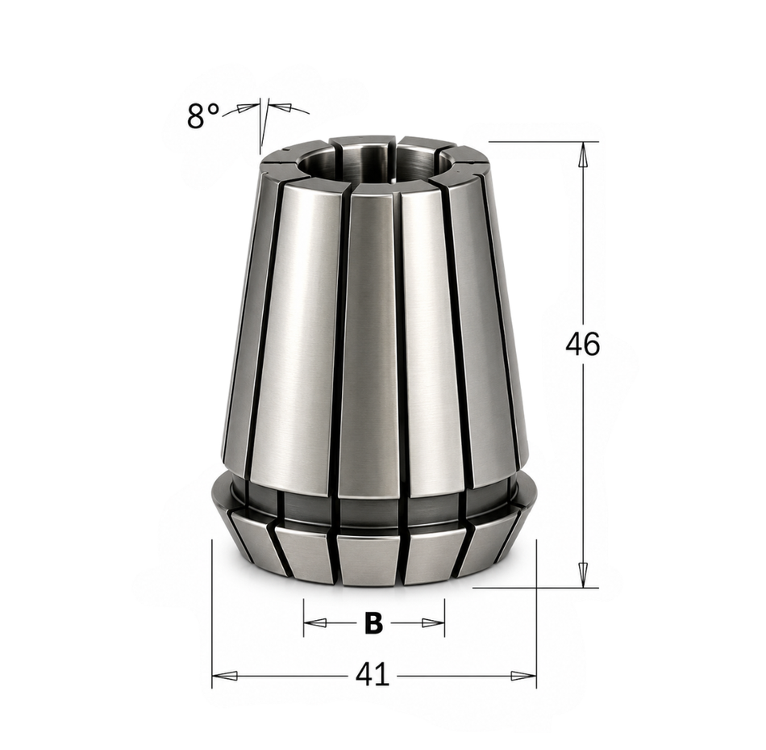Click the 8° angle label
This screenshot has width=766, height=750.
(x=203, y=116)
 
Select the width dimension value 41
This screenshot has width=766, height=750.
(x=373, y=675)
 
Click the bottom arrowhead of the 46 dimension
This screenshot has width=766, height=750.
(x=582, y=575)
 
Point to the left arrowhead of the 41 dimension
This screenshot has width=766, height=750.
(x=225, y=676)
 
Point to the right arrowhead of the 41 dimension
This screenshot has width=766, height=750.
(x=523, y=676)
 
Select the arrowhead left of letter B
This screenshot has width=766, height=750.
(x=315, y=622)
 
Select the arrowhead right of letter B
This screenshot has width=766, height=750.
(x=433, y=622)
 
